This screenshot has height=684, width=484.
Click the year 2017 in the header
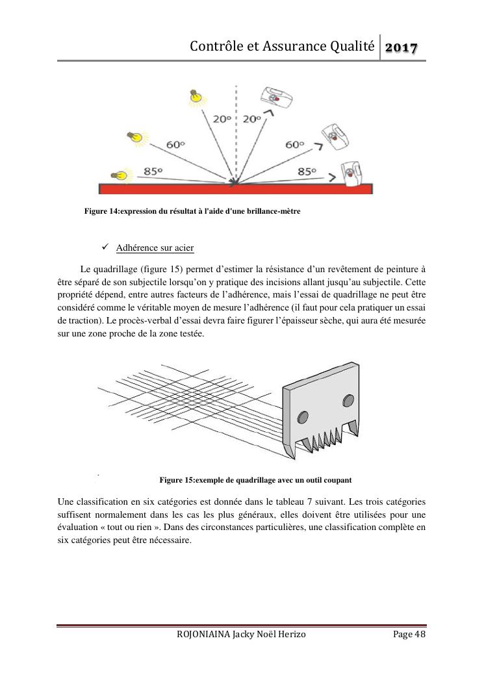click(401, 47)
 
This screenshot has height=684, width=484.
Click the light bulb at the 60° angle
click(135, 136)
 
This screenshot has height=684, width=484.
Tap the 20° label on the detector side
click(252, 119)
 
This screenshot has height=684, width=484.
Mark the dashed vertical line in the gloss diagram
click(236, 130)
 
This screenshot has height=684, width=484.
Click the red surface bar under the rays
click(236, 188)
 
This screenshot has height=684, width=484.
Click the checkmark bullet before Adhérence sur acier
click(106, 248)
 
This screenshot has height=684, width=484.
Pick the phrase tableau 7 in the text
click(305, 501)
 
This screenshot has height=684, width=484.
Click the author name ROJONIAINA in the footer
click(202, 635)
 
